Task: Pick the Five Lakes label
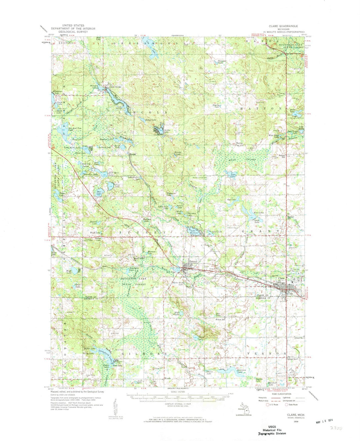click(259, 213)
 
